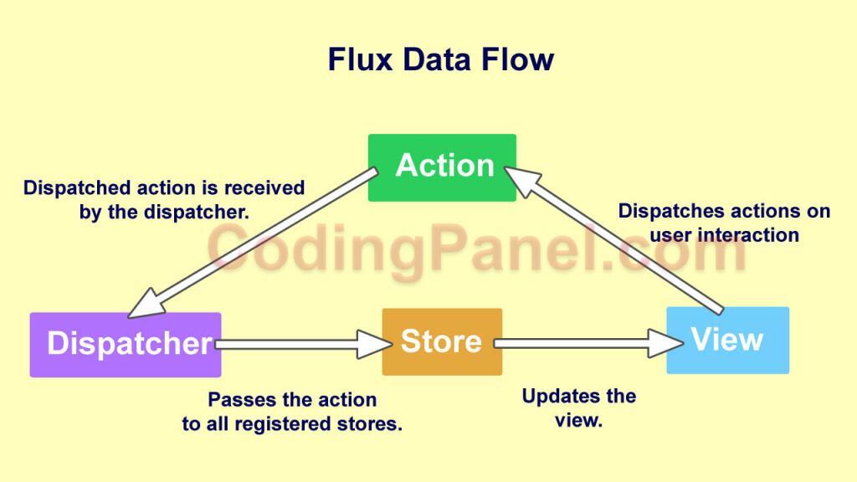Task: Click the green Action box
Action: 442,167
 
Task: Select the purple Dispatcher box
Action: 126,344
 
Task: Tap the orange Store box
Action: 442,341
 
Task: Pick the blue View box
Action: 726,340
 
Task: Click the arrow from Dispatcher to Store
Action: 293,343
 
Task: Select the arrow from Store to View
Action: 577,342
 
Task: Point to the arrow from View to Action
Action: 619,238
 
